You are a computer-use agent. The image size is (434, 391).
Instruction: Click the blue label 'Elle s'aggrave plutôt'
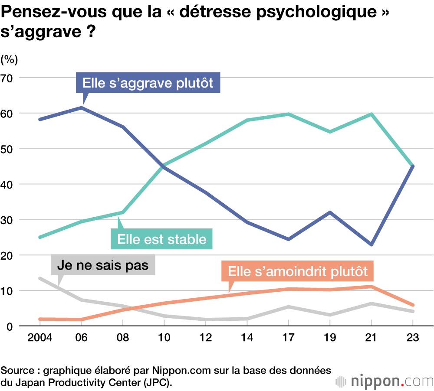tap(148, 82)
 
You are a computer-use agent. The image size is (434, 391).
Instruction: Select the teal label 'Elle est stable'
tap(162, 239)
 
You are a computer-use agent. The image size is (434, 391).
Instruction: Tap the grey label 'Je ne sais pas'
tap(103, 265)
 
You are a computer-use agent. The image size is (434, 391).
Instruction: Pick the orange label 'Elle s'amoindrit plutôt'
tap(298, 271)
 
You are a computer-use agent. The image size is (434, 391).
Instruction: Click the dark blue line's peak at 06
tap(82, 108)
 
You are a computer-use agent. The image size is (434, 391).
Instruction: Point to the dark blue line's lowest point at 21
tap(372, 244)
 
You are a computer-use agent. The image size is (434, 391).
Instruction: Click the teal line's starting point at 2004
tap(40, 237)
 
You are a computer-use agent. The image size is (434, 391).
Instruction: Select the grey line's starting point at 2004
tap(40, 278)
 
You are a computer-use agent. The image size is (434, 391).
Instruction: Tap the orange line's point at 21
tap(372, 287)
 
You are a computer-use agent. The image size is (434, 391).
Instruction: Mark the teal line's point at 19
tap(330, 131)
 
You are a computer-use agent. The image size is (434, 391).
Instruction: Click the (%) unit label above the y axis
tap(10, 59)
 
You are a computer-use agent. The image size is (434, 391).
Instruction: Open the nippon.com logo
tap(385, 381)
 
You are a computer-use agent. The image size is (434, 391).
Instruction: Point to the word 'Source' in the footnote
tap(16, 371)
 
